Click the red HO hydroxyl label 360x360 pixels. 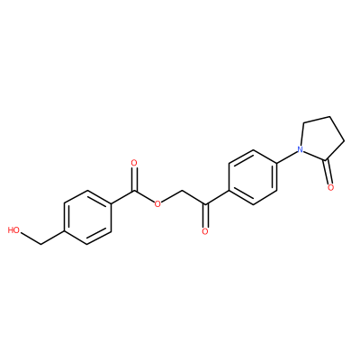[x=13, y=230]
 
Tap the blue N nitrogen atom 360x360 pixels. [x=299, y=148]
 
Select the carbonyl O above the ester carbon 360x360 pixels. [x=134, y=164]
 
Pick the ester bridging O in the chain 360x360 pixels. [x=157, y=204]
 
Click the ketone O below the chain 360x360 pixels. [x=205, y=231]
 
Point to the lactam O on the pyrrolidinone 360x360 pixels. [x=330, y=187]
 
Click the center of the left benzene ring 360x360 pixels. [x=87, y=218]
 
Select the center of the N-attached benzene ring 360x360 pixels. [x=253, y=177]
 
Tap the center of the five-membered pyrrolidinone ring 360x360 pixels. [x=320, y=139]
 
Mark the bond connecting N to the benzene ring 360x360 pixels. [x=286, y=156]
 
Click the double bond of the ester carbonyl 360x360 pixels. [x=134, y=179]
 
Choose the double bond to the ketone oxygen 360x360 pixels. [x=205, y=215]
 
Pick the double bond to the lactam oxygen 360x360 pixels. [x=328, y=171]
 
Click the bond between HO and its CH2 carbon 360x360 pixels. [x=31, y=238]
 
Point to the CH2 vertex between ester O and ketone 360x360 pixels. [x=182, y=191]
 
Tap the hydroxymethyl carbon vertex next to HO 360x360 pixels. [x=40, y=244]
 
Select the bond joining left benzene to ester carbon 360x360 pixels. [x=123, y=197]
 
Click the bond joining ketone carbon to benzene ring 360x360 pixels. [x=217, y=197]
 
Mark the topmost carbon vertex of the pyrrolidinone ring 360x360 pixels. [x=330, y=117]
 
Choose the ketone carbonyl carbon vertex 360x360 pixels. [x=205, y=204]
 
